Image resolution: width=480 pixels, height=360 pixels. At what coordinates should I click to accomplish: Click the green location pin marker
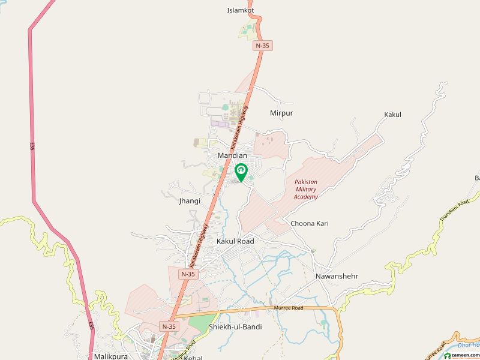pos(241,172)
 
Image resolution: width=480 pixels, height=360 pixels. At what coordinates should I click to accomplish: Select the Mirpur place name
pos(281,113)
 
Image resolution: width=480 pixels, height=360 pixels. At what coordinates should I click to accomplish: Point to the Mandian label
pos(232,155)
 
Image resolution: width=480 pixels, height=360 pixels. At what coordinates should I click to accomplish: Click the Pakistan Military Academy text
pos(306,189)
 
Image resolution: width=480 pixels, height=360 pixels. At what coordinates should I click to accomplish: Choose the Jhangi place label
pos(189,201)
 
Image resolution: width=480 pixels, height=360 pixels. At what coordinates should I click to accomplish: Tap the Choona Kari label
pos(310,223)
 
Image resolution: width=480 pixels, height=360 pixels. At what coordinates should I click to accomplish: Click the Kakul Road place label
pos(235,241)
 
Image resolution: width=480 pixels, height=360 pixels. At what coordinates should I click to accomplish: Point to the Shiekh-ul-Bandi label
pos(235,327)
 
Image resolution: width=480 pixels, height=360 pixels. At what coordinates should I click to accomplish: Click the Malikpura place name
pos(112,356)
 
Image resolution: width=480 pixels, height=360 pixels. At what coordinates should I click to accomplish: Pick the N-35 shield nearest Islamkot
pos(262,45)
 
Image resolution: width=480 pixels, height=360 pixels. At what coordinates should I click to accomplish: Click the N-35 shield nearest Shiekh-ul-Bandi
pos(168,325)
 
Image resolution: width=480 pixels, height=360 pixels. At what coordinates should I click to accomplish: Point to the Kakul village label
pos(392,114)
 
